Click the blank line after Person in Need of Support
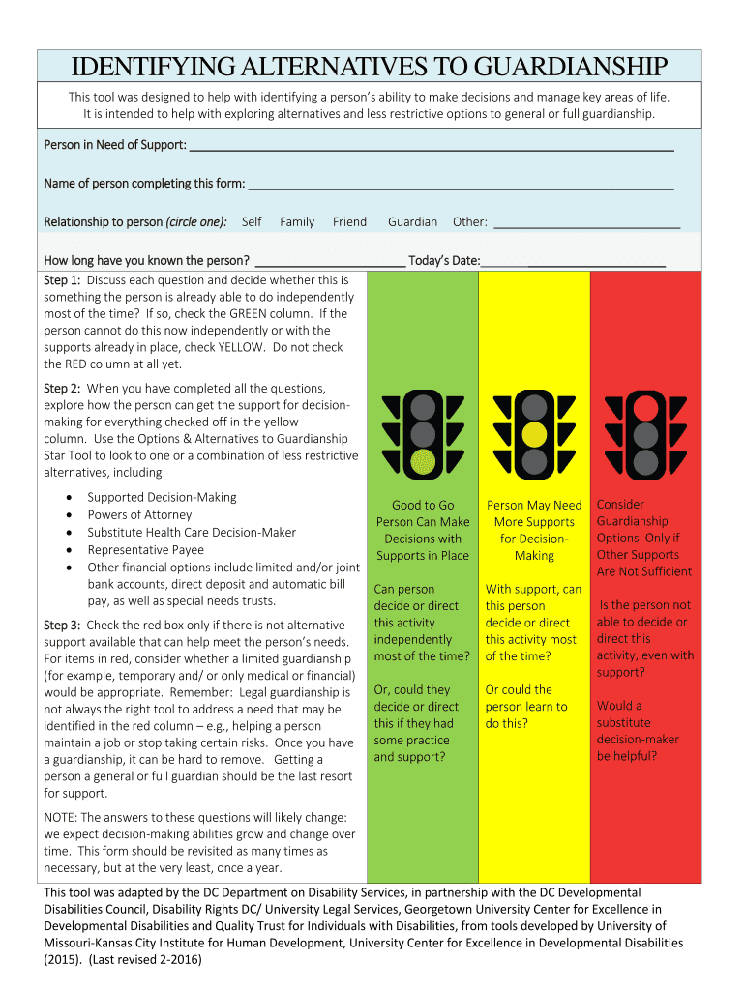pos(431,147)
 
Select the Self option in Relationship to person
pos(252,221)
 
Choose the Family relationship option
pos(297,221)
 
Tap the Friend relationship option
pos(349,221)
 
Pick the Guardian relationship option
pos(412,221)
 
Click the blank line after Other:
pos(586,223)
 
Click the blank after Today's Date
pos(573,262)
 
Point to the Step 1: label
pos(61,279)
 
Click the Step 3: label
pos(61,626)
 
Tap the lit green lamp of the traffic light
pos(423,462)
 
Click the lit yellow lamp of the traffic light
pos(534,434)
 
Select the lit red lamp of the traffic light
pos(645,406)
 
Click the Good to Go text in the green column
pos(423,505)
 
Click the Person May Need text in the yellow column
pos(534,505)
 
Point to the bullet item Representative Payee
pos(145,550)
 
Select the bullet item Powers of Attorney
pos(139,515)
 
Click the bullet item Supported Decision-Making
pos(162,497)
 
